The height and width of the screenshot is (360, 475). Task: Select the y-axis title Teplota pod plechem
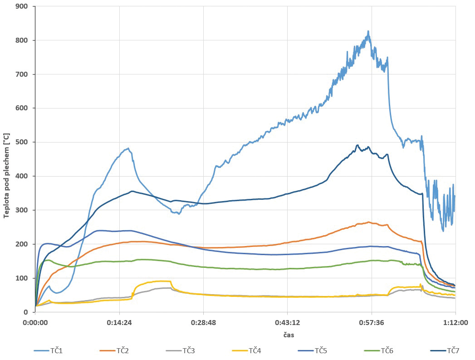tap(6, 176)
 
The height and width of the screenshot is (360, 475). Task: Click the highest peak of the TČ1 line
tap(368, 31)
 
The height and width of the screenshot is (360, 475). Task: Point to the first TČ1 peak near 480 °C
tap(128, 148)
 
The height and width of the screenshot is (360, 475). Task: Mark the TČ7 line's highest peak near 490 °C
tap(357, 145)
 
